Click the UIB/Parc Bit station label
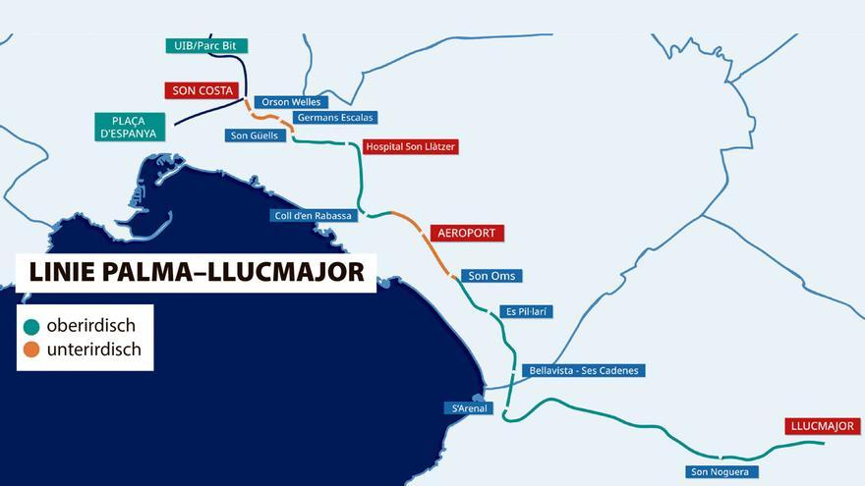click(x=205, y=45)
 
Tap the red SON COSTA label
click(x=202, y=90)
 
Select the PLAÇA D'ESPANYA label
click(x=131, y=127)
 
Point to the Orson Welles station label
click(x=290, y=102)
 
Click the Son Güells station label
click(x=255, y=135)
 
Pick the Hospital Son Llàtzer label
click(x=410, y=147)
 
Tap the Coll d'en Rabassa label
click(x=314, y=216)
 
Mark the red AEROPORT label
click(x=468, y=234)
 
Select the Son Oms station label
click(x=490, y=276)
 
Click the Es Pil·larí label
click(x=527, y=312)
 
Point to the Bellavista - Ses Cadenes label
click(x=584, y=371)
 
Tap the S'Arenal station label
click(x=468, y=408)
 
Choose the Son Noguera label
click(x=721, y=472)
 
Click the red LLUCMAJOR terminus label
click(x=823, y=426)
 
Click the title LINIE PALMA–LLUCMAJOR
click(x=196, y=272)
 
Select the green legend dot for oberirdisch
click(x=31, y=326)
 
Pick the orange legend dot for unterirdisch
click(x=31, y=350)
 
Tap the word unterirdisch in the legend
click(x=93, y=350)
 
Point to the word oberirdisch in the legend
click(x=90, y=326)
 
